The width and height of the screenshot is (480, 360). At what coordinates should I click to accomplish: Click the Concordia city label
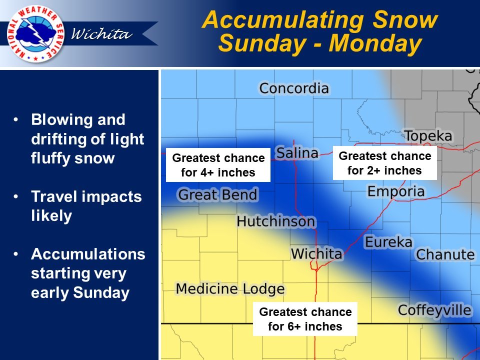click(294, 88)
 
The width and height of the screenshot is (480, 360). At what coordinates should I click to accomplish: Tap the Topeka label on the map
click(428, 136)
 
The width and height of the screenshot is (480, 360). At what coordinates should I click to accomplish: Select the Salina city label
click(297, 153)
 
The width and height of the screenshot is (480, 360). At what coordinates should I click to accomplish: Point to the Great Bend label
click(217, 194)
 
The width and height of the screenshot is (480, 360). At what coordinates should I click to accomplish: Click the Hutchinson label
click(276, 221)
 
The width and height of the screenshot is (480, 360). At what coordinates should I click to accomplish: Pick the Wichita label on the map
click(316, 254)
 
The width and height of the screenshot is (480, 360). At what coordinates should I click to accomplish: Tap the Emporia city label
click(396, 191)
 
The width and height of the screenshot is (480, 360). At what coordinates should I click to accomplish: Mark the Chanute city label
click(445, 254)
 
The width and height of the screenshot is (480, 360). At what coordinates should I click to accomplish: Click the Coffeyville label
click(434, 310)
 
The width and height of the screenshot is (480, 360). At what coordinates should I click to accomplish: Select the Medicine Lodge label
click(230, 289)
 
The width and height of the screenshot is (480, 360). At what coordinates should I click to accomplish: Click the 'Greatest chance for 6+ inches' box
click(305, 319)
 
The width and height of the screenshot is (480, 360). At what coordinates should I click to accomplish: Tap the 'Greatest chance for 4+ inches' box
click(218, 165)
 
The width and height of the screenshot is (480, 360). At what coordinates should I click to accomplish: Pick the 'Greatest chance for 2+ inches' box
click(385, 163)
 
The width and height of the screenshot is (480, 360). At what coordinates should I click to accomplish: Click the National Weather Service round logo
click(35, 33)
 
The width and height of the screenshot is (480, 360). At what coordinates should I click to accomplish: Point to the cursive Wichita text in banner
click(101, 33)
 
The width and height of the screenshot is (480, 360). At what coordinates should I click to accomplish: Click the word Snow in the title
click(405, 19)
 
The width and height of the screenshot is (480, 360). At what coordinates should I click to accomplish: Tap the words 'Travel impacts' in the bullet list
click(86, 196)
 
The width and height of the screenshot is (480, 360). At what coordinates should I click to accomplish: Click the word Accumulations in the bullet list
click(88, 254)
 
